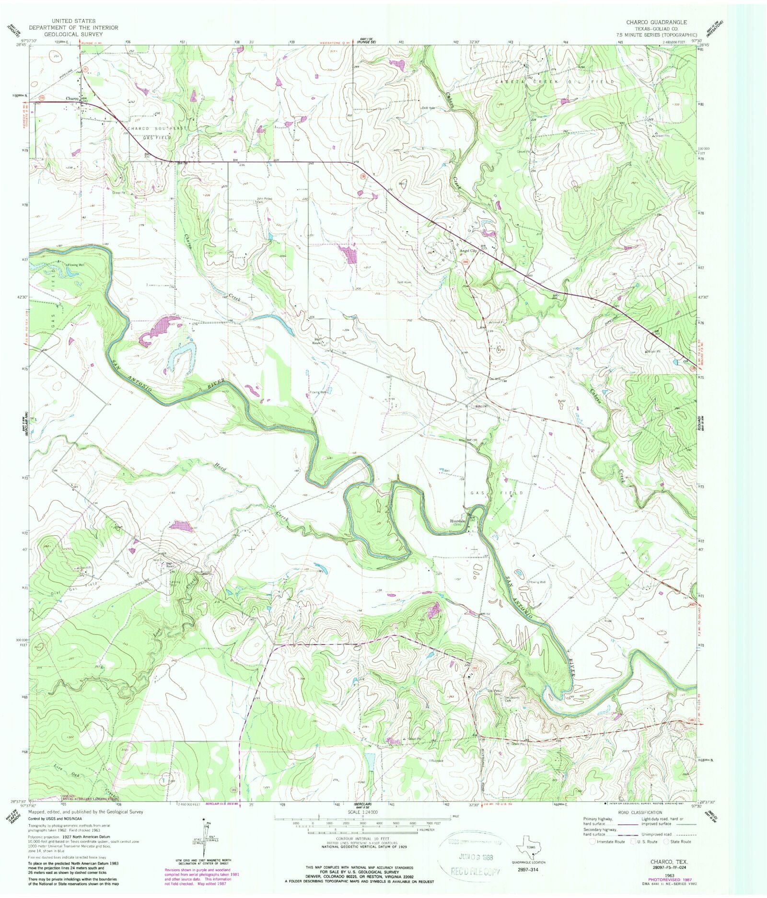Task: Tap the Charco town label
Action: click(x=72, y=99)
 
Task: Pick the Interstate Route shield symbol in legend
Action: click(x=593, y=841)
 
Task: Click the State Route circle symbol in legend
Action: click(x=666, y=841)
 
